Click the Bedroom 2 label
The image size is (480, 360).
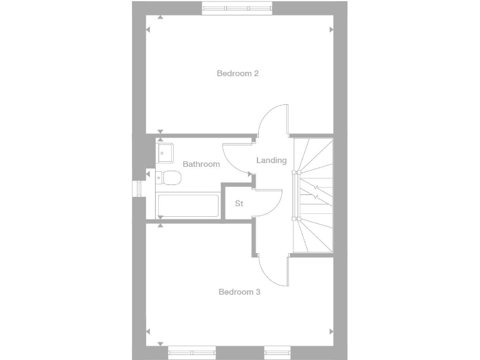[237, 73]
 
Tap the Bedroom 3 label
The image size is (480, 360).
[239, 292]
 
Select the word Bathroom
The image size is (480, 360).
[201, 164]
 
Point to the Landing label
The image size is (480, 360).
[271, 161]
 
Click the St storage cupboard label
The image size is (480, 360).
[239, 204]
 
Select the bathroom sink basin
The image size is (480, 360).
[166, 151]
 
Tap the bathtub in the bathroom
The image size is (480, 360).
[188, 206]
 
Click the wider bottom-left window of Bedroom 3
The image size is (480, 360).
[192, 352]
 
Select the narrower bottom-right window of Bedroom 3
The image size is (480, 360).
[278, 352]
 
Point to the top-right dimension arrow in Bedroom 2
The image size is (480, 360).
[331, 29]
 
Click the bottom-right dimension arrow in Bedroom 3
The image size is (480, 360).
[331, 331]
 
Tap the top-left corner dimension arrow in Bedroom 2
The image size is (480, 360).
[161, 17]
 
